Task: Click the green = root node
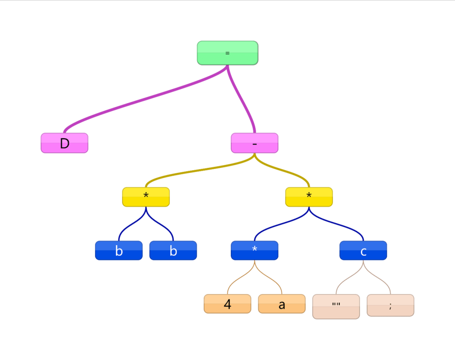pyautogui.click(x=227, y=53)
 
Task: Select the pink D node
pyautogui.click(x=64, y=143)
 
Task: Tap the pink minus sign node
pyautogui.click(x=254, y=143)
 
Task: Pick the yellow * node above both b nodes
pyautogui.click(x=146, y=197)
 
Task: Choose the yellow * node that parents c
pyautogui.click(x=309, y=197)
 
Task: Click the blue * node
pyautogui.click(x=254, y=251)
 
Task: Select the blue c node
pyautogui.click(x=363, y=251)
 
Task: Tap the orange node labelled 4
pyautogui.click(x=227, y=304)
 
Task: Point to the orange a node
pyautogui.click(x=282, y=304)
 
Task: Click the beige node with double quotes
pyautogui.click(x=336, y=306)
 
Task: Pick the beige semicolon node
pyautogui.click(x=390, y=305)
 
